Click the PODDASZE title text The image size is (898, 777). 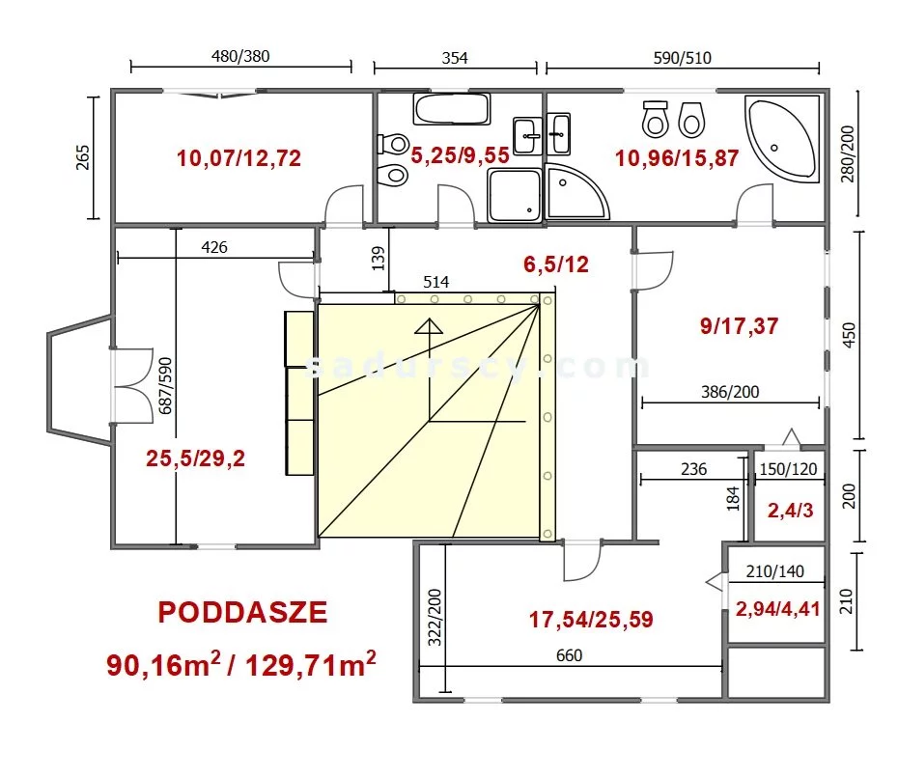[x=242, y=612]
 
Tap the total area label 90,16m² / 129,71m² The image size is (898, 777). [x=241, y=664]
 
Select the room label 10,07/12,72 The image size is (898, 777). [x=239, y=158]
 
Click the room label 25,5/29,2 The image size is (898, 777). [x=195, y=458]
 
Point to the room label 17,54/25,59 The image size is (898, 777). [x=590, y=619]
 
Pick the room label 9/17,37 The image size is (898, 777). [x=739, y=326]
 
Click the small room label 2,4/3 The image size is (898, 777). [x=790, y=511]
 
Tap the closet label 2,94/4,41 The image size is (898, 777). [x=777, y=609]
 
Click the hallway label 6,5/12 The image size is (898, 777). [x=555, y=264]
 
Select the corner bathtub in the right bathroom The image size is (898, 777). [x=782, y=139]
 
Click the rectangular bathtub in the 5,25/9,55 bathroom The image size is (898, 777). [x=452, y=109]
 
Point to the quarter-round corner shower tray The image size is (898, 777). [x=575, y=192]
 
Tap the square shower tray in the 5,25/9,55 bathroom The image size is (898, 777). [x=515, y=195]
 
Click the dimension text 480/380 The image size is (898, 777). [x=240, y=56]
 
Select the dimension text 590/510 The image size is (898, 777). [x=682, y=58]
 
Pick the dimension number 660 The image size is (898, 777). [x=569, y=655]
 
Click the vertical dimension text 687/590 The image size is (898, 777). [x=165, y=386]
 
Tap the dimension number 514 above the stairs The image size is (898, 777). [x=435, y=282]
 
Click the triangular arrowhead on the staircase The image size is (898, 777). [x=429, y=326]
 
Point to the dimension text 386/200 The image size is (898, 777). [x=730, y=392]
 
